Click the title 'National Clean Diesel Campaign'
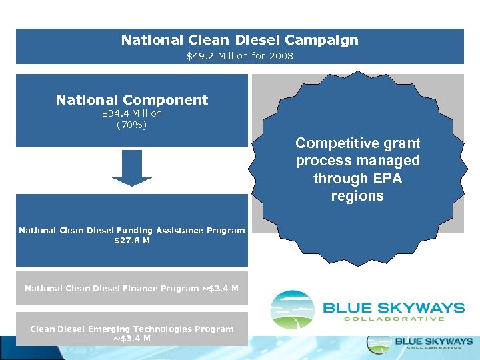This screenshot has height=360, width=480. pyautogui.click(x=239, y=40)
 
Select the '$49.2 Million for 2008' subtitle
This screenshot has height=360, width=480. pyautogui.click(x=239, y=56)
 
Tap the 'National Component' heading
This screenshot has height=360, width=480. pyautogui.click(x=132, y=100)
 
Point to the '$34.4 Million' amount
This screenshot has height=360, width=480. pyautogui.click(x=132, y=113)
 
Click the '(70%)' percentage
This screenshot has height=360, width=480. pyautogui.click(x=132, y=124)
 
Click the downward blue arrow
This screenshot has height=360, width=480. pyautogui.click(x=132, y=167)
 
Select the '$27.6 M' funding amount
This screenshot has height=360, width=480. pyautogui.click(x=132, y=240)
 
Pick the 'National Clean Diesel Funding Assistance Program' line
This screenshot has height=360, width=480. pyautogui.click(x=132, y=230)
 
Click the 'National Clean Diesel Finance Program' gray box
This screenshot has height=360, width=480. pyautogui.click(x=132, y=289)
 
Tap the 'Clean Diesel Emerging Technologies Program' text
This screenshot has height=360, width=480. pyautogui.click(x=132, y=329)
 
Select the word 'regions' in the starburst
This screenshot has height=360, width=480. pyautogui.click(x=357, y=196)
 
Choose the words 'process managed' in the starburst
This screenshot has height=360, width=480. pyautogui.click(x=357, y=161)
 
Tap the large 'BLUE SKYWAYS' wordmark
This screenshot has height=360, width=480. pyautogui.click(x=393, y=307)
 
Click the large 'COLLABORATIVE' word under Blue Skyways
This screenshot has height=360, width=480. pyautogui.click(x=393, y=319)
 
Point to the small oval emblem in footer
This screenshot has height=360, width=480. pyautogui.click(x=378, y=343)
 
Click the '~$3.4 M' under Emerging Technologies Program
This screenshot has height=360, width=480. pyautogui.click(x=132, y=338)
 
